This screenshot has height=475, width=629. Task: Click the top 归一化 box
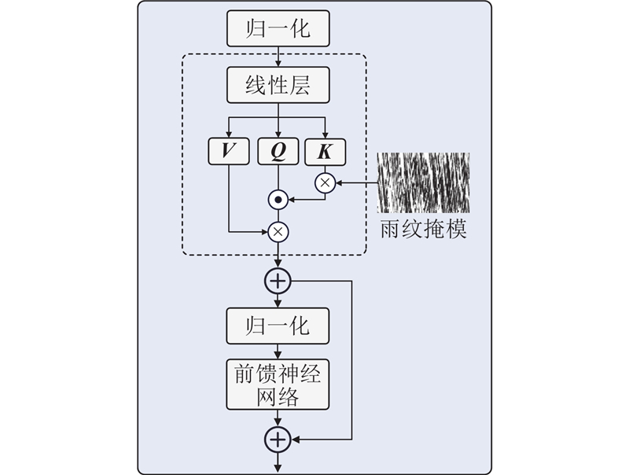tap(278, 30)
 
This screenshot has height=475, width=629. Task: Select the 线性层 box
tap(278, 85)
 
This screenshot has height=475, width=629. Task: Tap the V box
tap(229, 152)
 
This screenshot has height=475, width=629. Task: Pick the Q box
tap(278, 152)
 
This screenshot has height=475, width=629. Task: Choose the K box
tap(326, 152)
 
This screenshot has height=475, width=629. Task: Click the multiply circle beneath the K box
tap(326, 183)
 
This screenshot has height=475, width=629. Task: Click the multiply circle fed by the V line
tap(278, 231)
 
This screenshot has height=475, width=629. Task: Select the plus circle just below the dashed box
tap(278, 281)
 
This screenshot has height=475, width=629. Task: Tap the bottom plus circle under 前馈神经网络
tap(278, 440)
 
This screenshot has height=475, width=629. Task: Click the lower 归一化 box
tap(278, 326)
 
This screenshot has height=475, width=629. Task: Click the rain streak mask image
tap(423, 182)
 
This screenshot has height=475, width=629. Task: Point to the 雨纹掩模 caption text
tap(423, 230)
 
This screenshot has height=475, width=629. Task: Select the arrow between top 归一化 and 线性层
tap(278, 57)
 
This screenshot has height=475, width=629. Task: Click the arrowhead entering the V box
tap(229, 134)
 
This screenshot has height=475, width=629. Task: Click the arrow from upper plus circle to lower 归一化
tap(278, 300)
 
